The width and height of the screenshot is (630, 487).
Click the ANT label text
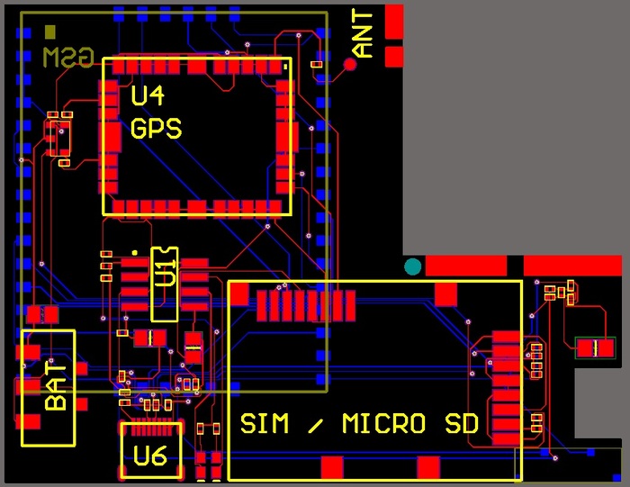point(363,34)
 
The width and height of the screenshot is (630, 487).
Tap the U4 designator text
point(148,95)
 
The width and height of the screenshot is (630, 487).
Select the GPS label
point(156,128)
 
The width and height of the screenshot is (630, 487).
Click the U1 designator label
point(165,272)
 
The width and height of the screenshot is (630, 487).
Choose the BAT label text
point(56,386)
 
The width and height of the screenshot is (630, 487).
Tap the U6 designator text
point(150,456)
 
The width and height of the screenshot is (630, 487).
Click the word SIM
point(265,423)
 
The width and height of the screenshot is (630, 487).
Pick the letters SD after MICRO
point(461,423)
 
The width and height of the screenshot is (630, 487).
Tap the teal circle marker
point(413,266)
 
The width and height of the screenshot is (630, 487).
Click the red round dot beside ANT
point(350,64)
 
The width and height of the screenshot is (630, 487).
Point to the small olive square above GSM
point(50,32)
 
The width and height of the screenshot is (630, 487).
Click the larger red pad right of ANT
point(394,21)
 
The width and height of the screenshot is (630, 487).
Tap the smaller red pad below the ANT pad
point(394,57)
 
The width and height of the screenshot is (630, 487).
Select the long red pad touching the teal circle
point(466,266)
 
